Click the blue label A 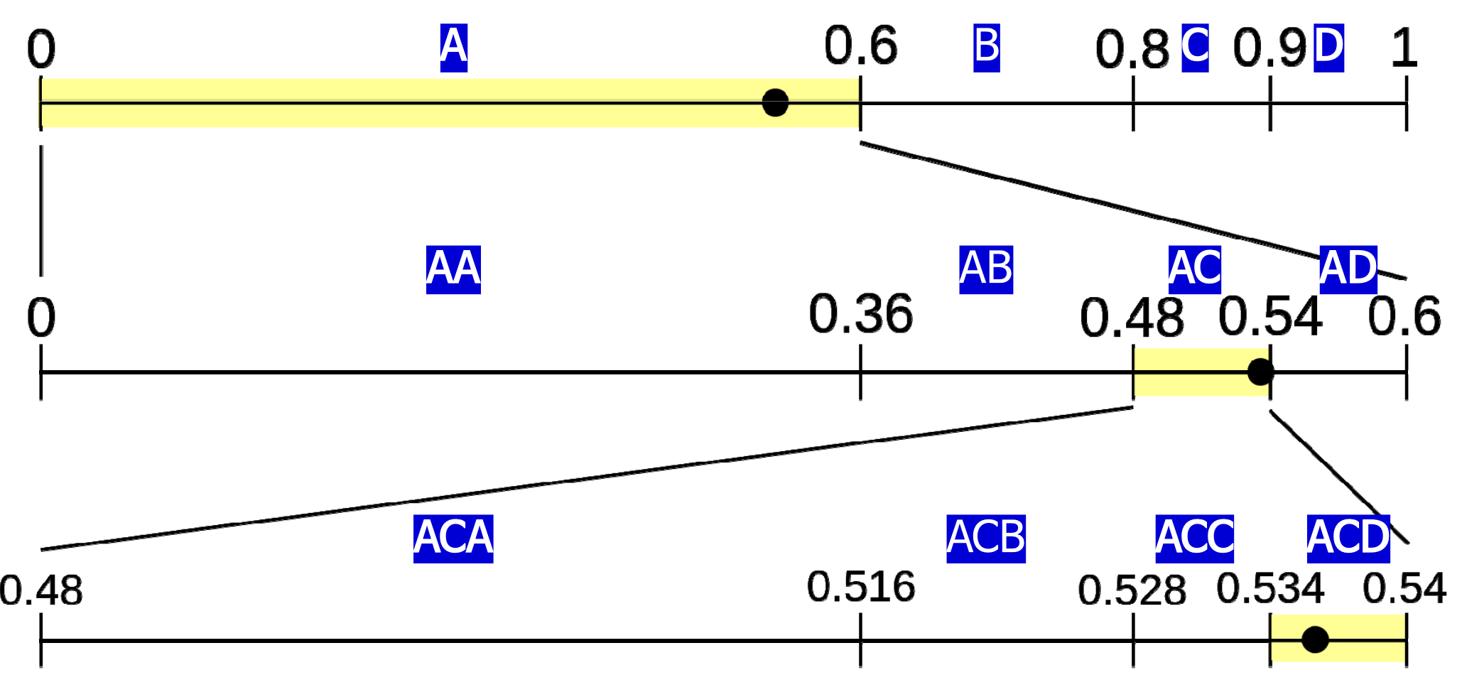pos(453,48)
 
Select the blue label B pos(986,48)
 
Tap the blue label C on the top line pos(1195,48)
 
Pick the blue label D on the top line pos(1328,48)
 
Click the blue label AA pos(453,270)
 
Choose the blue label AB pos(986,270)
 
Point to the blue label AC pos(1195,270)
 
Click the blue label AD pos(1348,270)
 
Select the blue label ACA pos(453,539)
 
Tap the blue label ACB pos(986,539)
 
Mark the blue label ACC pos(1194,539)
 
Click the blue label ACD pos(1348,539)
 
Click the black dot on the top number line pos(775,102)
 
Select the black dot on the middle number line pos(1260,372)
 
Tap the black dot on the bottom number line pos(1315,639)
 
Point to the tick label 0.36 pos(860,315)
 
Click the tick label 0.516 pos(860,588)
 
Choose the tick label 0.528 pos(1132,591)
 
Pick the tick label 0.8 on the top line pos(1132,50)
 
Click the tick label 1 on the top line pos(1404,49)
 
